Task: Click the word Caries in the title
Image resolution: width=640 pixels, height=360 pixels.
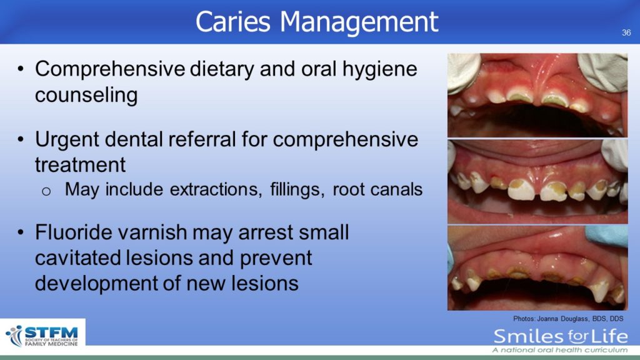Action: pos(232,21)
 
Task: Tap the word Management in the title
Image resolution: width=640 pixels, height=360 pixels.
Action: pos(359,22)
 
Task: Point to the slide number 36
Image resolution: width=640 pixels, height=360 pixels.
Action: pos(626,32)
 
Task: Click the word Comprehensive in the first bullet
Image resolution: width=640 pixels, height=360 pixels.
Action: pos(110,69)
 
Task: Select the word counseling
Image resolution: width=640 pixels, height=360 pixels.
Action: pos(86,95)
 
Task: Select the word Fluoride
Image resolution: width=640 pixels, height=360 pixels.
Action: pos(74,232)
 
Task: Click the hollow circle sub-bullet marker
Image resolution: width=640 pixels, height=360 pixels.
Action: pos(46,191)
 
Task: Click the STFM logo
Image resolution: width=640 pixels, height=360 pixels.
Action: pos(42,336)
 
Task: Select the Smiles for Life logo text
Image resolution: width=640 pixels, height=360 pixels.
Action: pos(561,337)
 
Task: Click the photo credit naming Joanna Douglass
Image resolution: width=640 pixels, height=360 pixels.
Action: pos(568,319)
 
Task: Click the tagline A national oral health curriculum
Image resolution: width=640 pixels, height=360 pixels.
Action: pos(560,350)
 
